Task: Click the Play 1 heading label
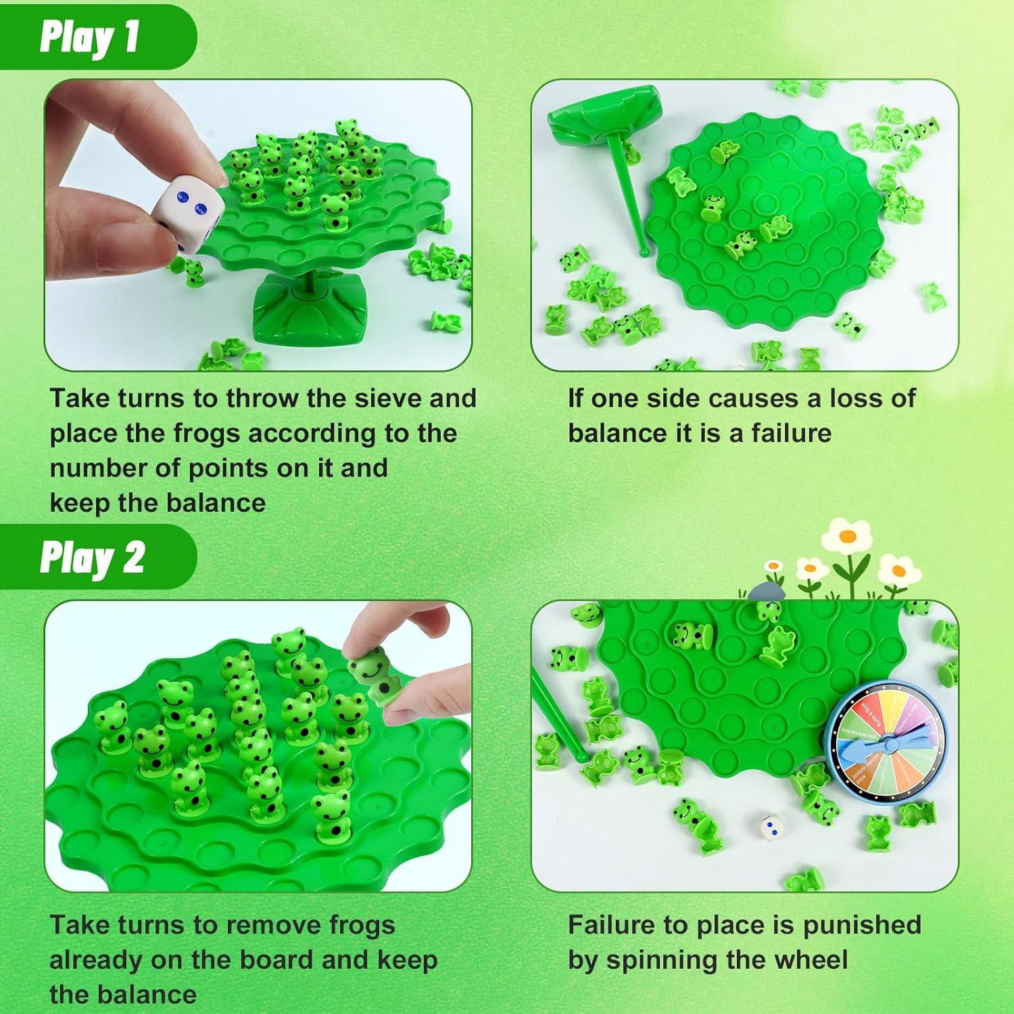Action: coord(89,37)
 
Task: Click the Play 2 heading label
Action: coord(92,558)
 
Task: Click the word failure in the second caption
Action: coord(791,433)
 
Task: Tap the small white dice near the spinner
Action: coord(772,825)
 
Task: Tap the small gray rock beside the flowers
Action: coord(765,591)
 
